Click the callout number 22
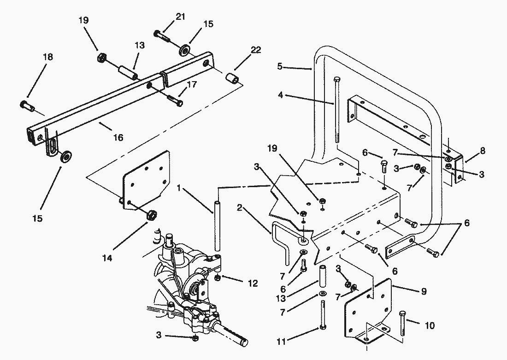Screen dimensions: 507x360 pos(255,50)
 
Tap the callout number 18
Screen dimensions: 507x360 pos(47,57)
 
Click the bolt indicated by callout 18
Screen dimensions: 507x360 pos(27,106)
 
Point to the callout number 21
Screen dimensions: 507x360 pos(180,16)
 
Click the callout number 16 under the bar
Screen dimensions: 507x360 pos(118,138)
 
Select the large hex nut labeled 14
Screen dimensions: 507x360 pos(151,214)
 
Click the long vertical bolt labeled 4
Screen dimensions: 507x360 pos(336,110)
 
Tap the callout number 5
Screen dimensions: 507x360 pos(280,67)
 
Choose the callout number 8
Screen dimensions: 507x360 pos(483,151)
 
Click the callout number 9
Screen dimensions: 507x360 pos(424,291)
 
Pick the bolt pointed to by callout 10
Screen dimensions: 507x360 pos(402,323)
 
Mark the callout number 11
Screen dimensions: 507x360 pos(281,341)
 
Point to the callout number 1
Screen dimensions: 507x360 pos(179,188)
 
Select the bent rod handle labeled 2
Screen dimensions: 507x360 pos(281,240)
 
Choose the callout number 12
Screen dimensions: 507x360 pos(253,283)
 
